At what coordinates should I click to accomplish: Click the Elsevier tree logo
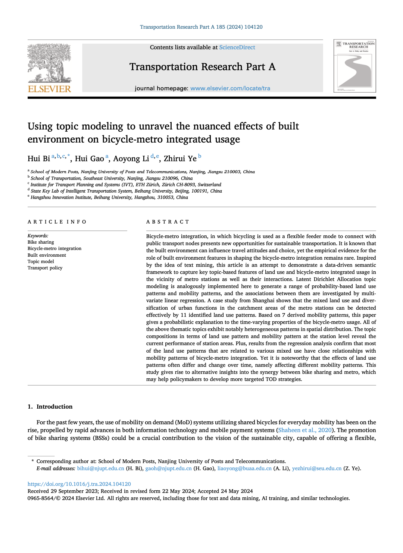(x=49, y=63)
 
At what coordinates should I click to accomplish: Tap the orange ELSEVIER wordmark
(x=49, y=89)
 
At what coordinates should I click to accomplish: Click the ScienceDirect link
(x=237, y=47)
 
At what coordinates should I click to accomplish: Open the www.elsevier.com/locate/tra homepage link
(x=230, y=88)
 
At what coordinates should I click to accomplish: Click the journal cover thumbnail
(x=354, y=66)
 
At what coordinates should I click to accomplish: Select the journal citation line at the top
(x=201, y=27)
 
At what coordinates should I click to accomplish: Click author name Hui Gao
(x=89, y=159)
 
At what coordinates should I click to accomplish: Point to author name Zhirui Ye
(x=180, y=159)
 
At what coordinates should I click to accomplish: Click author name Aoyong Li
(x=131, y=159)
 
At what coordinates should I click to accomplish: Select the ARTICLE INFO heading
(x=57, y=222)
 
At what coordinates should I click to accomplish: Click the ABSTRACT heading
(x=168, y=222)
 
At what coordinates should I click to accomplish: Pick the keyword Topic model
(x=41, y=262)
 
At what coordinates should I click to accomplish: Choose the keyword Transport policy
(x=45, y=268)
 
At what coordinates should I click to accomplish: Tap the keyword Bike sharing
(x=41, y=242)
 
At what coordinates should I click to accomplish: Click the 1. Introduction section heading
(x=50, y=406)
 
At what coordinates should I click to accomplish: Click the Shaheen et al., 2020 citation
(x=305, y=430)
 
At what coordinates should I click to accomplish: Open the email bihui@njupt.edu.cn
(x=100, y=468)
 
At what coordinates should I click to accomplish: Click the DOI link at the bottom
(x=79, y=484)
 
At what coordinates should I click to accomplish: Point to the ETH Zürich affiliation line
(x=126, y=185)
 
